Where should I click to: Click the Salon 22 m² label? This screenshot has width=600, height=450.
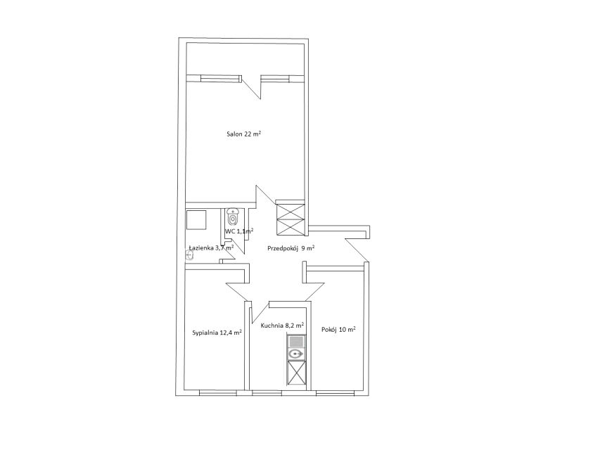(x=244, y=134)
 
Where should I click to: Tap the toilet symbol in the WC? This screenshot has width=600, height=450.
(x=232, y=217)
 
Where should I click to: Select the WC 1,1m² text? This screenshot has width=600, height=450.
(x=239, y=231)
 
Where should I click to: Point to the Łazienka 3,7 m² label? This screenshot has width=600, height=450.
(x=211, y=247)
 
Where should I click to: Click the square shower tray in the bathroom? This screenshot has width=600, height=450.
(x=196, y=219)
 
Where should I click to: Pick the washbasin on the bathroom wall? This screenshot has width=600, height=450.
(x=189, y=255)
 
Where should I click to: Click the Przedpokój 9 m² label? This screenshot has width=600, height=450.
(x=291, y=248)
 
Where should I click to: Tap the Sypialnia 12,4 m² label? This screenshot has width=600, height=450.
(x=217, y=333)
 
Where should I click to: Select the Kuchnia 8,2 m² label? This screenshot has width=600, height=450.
(x=282, y=326)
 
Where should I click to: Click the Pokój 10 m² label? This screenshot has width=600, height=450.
(x=338, y=329)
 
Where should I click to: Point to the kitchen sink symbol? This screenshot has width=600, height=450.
(x=296, y=354)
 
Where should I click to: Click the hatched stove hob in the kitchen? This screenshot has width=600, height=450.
(x=296, y=340)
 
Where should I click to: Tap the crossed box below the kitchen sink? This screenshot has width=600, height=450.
(x=296, y=373)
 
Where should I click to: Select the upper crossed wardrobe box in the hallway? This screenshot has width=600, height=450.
(x=291, y=211)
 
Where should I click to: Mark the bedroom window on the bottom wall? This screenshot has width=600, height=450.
(x=218, y=392)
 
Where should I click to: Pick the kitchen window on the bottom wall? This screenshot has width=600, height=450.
(x=267, y=392)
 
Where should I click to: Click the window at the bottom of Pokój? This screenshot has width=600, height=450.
(x=336, y=392)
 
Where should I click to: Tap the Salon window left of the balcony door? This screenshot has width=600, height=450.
(x=221, y=79)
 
